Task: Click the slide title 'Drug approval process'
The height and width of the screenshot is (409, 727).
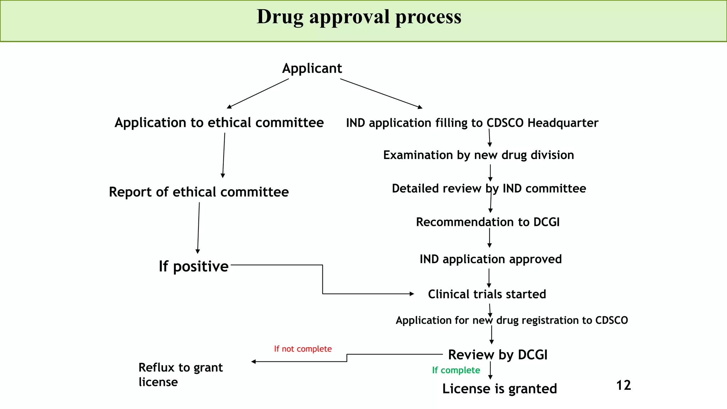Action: (x=359, y=17)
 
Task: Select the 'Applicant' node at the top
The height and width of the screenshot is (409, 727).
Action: (x=312, y=68)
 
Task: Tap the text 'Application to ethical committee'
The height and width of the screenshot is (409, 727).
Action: (x=219, y=123)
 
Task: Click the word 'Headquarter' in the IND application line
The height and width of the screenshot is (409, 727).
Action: (x=563, y=123)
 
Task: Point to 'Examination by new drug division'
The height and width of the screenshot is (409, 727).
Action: (x=479, y=155)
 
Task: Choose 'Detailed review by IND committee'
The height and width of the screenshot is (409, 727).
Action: (x=489, y=189)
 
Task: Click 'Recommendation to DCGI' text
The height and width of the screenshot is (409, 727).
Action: (x=488, y=222)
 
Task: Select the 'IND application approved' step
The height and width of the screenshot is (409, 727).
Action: (x=491, y=259)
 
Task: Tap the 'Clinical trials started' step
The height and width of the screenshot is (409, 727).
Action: (x=487, y=294)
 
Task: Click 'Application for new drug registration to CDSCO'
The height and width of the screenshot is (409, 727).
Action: (x=512, y=320)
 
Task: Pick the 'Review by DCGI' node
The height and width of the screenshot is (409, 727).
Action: (x=498, y=355)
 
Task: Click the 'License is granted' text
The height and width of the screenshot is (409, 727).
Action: (x=499, y=389)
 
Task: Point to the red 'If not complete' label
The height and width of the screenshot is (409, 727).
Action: (x=303, y=349)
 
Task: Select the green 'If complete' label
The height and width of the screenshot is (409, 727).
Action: (x=456, y=370)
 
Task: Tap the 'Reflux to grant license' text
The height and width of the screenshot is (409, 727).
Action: (x=180, y=375)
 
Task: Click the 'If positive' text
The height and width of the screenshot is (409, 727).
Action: (x=193, y=266)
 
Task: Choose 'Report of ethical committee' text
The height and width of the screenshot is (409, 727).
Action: (x=199, y=192)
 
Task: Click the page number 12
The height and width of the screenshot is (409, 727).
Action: (x=623, y=385)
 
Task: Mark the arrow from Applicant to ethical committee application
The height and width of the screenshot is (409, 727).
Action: (x=258, y=93)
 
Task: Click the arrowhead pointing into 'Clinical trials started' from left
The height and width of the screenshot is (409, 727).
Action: (x=412, y=294)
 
